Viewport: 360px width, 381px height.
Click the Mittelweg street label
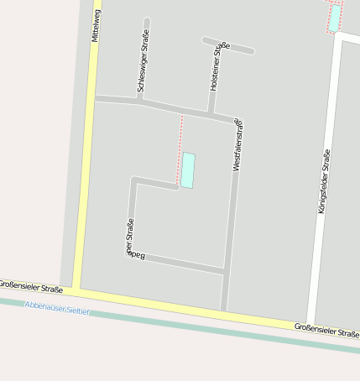pos(96,25)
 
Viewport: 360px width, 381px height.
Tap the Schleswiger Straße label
pos(141,64)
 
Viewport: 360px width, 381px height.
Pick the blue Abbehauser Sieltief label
pos(57,307)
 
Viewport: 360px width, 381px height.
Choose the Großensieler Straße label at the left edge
pos(31,286)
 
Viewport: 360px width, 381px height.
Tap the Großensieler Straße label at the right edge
pos(327,329)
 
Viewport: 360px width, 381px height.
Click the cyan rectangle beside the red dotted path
pos(188,170)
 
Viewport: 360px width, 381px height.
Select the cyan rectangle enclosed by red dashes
pos(335,18)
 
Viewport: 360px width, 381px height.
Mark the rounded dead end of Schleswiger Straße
pos(147,20)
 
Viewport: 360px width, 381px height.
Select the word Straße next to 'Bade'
pos(130,232)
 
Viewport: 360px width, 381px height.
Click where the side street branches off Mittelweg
pos(93,98)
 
